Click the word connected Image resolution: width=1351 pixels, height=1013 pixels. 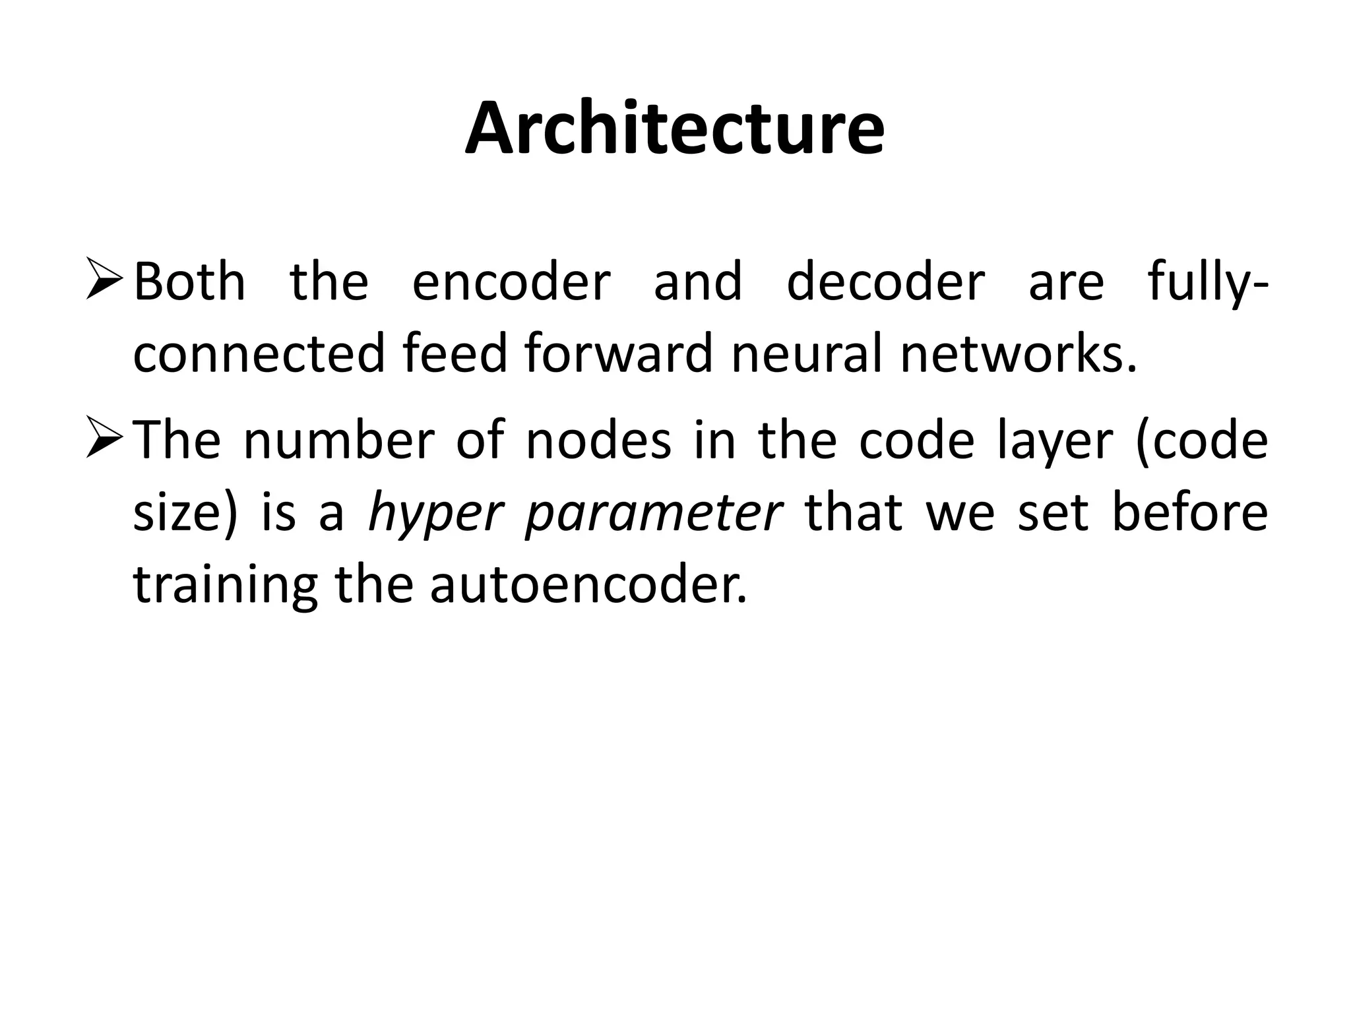pyautogui.click(x=259, y=354)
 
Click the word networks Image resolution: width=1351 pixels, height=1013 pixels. pyautogui.click(x=1019, y=354)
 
